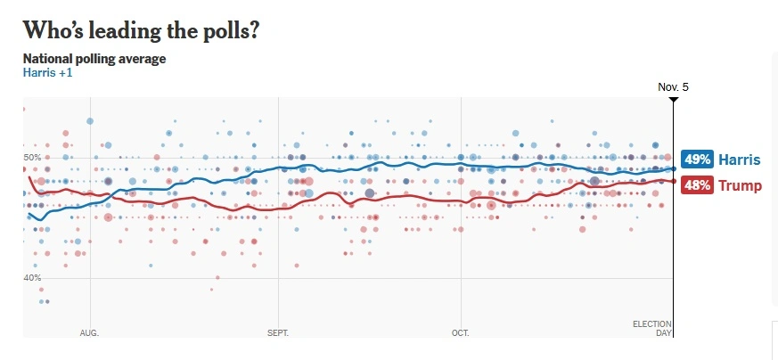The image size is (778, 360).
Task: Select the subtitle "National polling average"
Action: click(x=94, y=59)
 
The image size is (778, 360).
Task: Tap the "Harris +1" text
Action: click(x=47, y=72)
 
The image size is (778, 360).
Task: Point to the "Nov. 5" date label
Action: click(x=673, y=87)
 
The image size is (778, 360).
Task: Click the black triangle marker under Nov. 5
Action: click(x=673, y=98)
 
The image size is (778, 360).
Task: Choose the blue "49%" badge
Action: click(x=696, y=160)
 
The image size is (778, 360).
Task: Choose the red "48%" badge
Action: click(x=696, y=185)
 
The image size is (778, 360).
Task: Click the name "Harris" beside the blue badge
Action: click(x=740, y=160)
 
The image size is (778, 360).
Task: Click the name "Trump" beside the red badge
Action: click(x=740, y=185)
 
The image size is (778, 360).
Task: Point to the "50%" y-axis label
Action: click(x=32, y=158)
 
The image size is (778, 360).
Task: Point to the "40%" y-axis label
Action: click(x=32, y=278)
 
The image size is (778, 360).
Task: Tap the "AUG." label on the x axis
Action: click(x=89, y=332)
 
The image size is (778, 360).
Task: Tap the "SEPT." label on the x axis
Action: click(x=279, y=332)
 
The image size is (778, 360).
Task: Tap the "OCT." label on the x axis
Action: click(x=461, y=332)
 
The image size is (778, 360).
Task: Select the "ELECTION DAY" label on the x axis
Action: click(x=652, y=328)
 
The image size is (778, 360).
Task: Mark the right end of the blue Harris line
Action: click(x=672, y=168)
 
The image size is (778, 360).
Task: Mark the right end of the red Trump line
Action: click(x=672, y=181)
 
